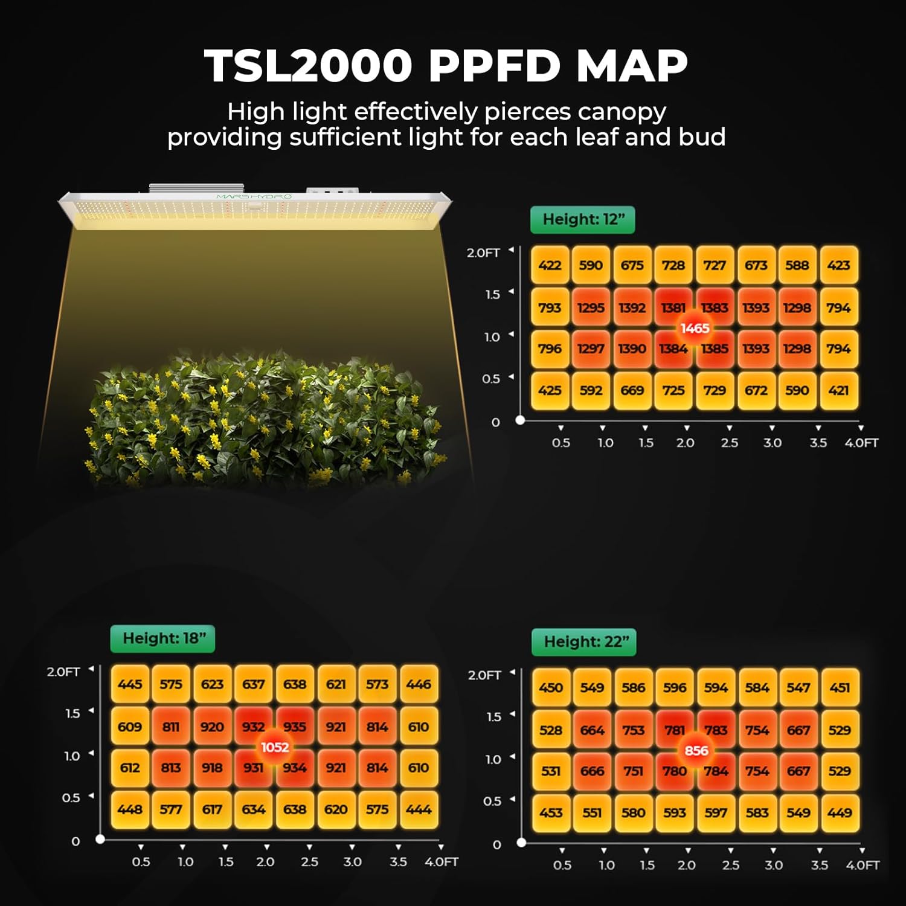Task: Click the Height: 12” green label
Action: (582, 220)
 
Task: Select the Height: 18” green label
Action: (162, 638)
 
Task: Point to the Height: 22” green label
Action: (584, 642)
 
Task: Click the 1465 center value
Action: (695, 328)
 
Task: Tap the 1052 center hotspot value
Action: (274, 747)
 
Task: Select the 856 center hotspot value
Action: (696, 751)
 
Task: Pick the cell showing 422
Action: (550, 265)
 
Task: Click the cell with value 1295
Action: (591, 307)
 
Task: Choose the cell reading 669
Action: (632, 390)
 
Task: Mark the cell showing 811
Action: (171, 727)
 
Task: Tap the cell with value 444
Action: (419, 809)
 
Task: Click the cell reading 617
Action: (212, 809)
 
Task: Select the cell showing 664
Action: (592, 730)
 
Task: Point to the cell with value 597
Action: (716, 813)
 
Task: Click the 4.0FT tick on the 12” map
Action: (861, 443)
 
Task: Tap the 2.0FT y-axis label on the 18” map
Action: (63, 672)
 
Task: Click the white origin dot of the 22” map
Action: (522, 842)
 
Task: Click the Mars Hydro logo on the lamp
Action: (254, 197)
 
